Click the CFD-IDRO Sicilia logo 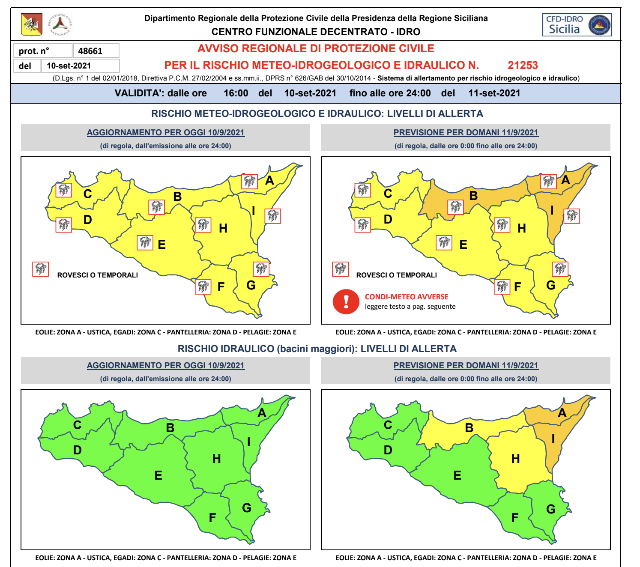pos(577,25)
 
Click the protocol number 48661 pos(90,51)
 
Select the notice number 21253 pos(523,65)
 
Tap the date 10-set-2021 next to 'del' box pos(69,66)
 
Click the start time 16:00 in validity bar pos(236,93)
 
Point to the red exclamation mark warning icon pos(346,301)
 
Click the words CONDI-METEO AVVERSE pos(406,297)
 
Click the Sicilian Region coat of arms pos(32,24)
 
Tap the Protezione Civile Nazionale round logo pos(60,24)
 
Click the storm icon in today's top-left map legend pos(41,269)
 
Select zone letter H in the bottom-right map pos(515,459)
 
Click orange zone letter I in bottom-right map pos(553,439)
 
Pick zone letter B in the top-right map pos(473,196)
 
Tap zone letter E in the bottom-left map pos(158,475)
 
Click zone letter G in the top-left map pos(251,285)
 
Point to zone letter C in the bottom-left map pos(77,425)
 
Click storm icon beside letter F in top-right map pos(502,286)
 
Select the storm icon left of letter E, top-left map pos(145,242)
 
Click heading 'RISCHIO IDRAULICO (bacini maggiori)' pos(317,349)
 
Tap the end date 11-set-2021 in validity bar pos(494,93)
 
